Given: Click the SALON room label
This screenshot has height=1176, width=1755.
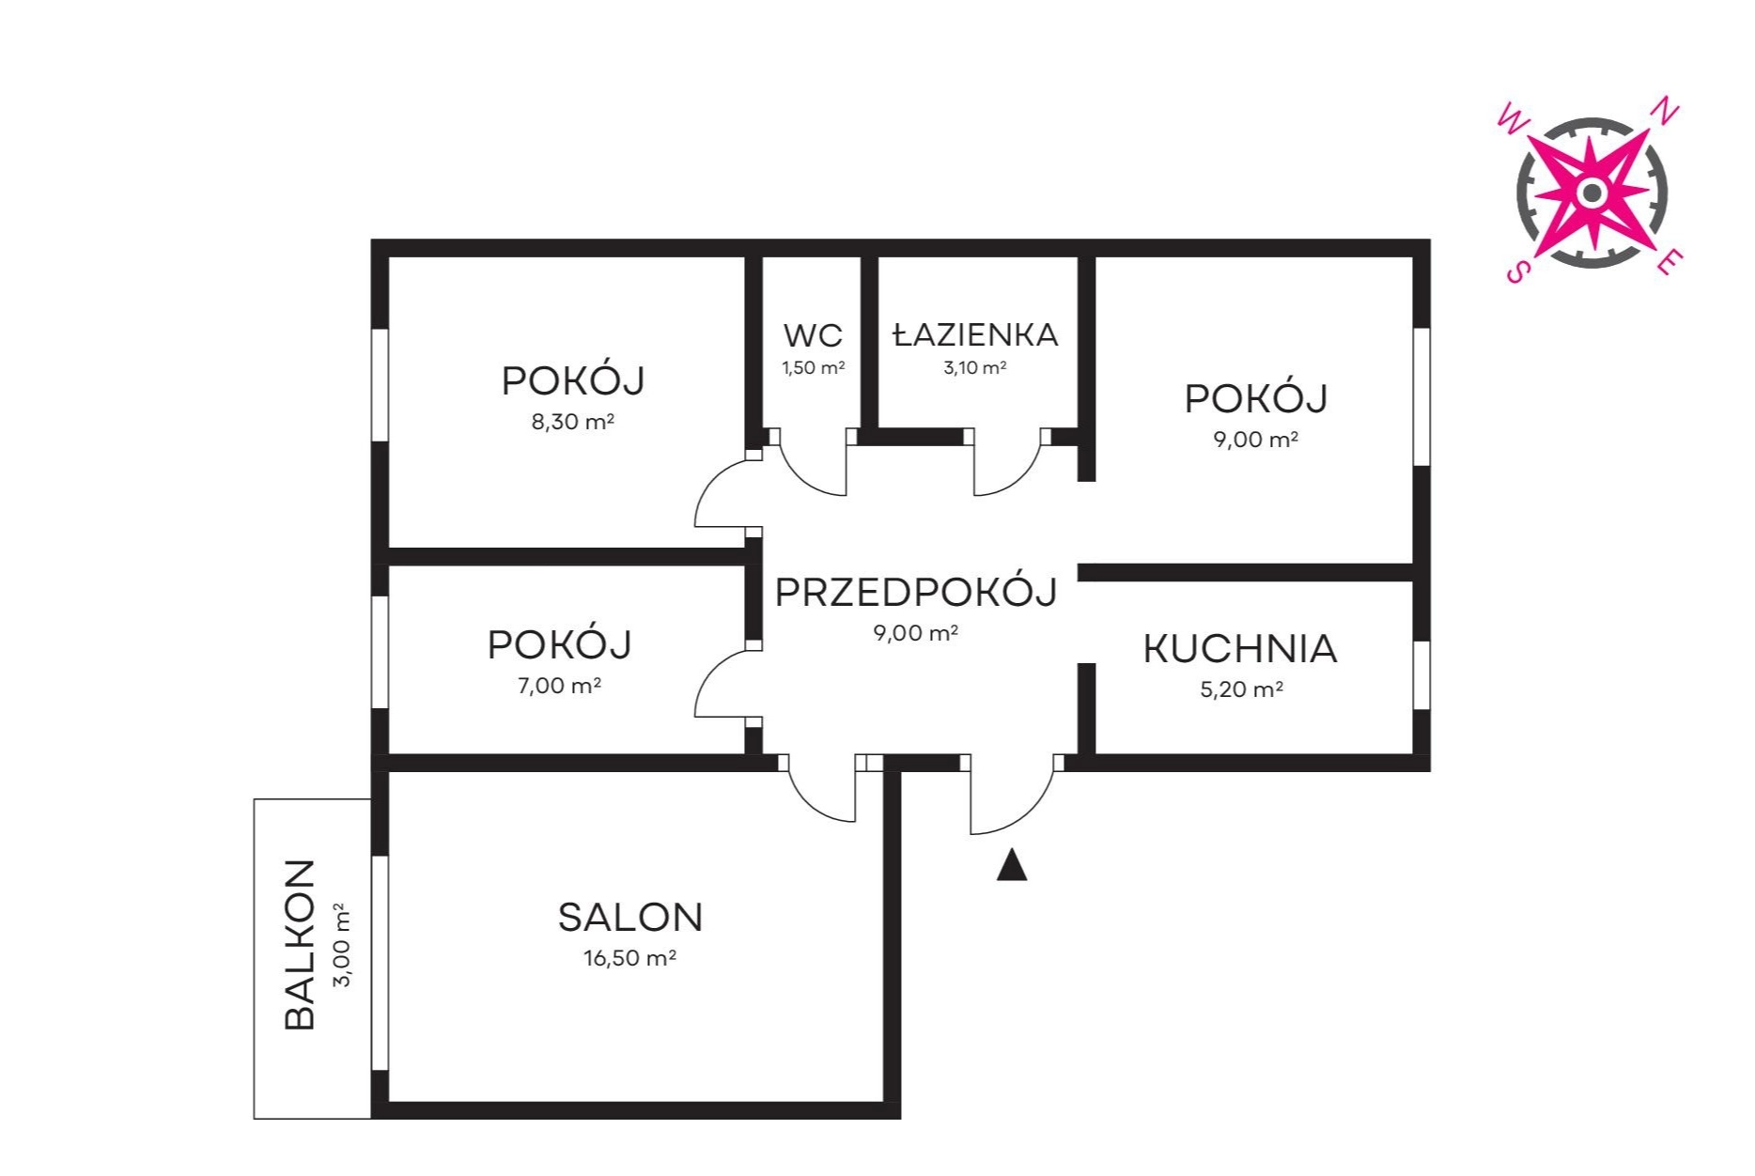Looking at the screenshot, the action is pos(630,918).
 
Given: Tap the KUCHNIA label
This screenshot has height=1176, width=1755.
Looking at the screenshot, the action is pos(1240,649).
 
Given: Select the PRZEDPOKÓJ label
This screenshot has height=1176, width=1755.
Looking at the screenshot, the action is pos(916,592).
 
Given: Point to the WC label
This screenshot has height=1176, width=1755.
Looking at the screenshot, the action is pos(813,335).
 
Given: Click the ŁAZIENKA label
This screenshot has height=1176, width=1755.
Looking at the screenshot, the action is pos(975,333).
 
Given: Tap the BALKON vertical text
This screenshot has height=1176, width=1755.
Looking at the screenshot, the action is pos(300,945).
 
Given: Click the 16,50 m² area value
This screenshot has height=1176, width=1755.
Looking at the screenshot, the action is pos(630,958).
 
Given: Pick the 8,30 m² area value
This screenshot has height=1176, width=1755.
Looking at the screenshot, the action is pos(573,422).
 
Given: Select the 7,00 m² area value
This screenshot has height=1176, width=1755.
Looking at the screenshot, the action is pos(560,686).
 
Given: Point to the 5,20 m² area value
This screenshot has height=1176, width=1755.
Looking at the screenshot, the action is pos(1242,689).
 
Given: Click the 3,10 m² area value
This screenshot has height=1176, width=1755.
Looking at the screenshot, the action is pos(975,368).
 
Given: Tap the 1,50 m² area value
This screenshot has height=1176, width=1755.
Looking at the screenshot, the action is pos(814,368).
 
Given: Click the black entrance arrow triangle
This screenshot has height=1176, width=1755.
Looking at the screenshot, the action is pos(1012,866).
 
